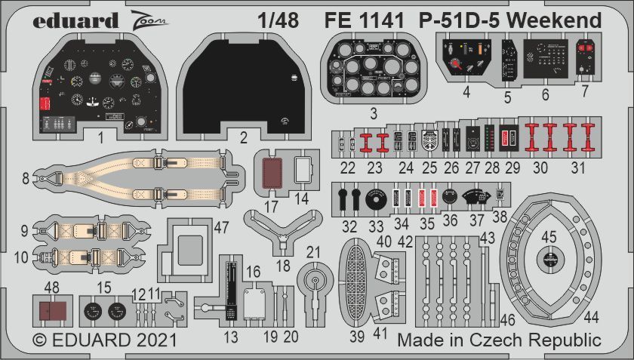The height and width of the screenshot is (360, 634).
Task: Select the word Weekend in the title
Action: pyautogui.click(x=555, y=20)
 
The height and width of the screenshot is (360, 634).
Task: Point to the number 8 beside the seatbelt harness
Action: pyautogui.click(x=26, y=179)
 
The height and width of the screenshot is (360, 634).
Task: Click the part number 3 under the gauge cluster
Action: pyautogui.click(x=373, y=113)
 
